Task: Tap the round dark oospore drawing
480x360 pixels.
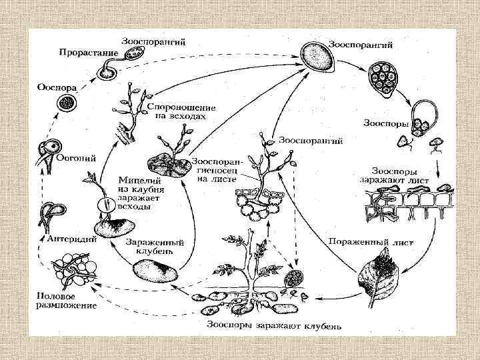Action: [65, 103]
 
